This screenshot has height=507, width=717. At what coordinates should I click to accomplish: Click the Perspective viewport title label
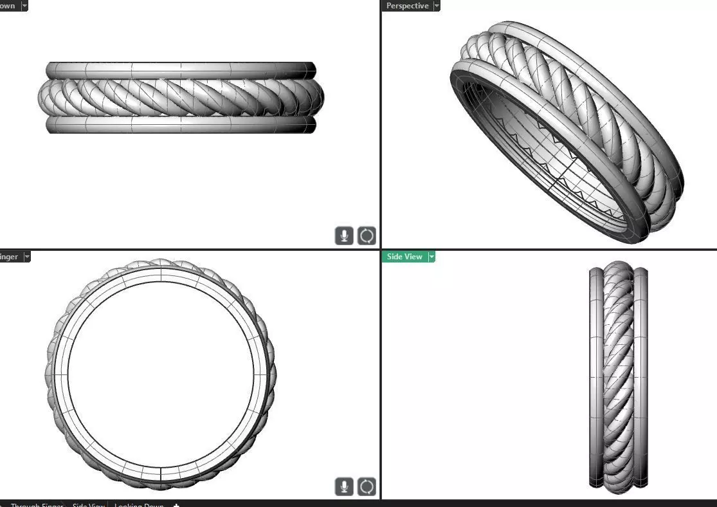point(407,6)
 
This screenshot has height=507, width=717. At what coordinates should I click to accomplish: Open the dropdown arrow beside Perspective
point(437,6)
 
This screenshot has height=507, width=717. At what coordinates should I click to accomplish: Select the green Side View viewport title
point(404,257)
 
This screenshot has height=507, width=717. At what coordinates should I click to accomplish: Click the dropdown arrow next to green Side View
point(431,257)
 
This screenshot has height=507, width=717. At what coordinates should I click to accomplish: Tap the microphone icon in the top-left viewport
point(344,235)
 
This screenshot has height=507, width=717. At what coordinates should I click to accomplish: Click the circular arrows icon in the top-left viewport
point(367,235)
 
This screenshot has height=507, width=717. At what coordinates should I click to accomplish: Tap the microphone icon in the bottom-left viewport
point(344,487)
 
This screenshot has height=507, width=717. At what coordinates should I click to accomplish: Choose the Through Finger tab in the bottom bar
point(37,504)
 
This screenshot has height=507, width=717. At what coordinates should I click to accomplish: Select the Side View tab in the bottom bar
point(88,504)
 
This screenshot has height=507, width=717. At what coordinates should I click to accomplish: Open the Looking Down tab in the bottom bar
point(139,504)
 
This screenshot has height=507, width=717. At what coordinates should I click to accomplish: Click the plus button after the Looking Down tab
point(176,504)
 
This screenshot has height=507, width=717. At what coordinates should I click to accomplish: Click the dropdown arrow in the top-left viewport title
point(24,6)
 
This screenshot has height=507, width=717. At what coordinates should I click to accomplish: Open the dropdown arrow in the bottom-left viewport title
point(27,257)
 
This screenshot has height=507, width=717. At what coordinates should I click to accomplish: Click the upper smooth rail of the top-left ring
point(180,69)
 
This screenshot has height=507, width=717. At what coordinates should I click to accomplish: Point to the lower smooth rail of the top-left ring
point(180,125)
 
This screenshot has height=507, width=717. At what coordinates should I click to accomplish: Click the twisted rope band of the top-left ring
point(180,97)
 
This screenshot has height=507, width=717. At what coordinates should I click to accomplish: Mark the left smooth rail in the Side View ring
point(595,376)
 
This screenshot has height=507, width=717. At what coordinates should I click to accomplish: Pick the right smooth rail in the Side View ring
point(641,376)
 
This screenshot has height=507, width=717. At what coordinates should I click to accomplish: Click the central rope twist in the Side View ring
point(619,376)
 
